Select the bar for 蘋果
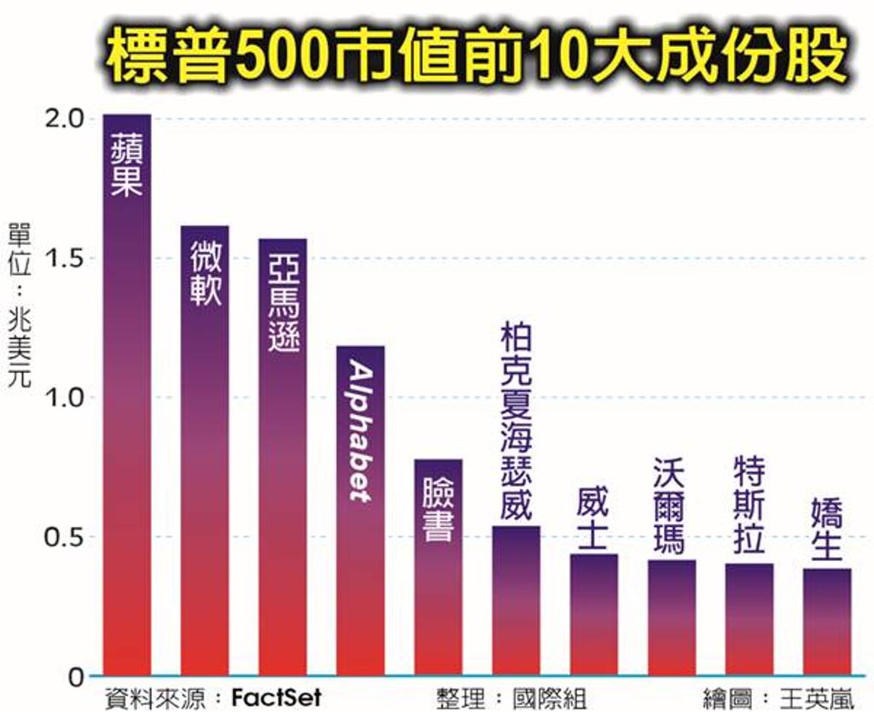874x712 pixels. pyautogui.click(x=126, y=393)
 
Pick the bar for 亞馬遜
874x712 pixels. pyautogui.click(x=282, y=457)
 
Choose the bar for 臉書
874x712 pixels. pyautogui.click(x=438, y=568)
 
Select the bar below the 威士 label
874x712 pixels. pyautogui.click(x=593, y=615)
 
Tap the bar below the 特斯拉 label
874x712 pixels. pyautogui.click(x=749, y=619)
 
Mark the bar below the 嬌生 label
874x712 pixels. pyautogui.click(x=826, y=622)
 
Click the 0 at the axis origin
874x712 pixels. pyautogui.click(x=75, y=677)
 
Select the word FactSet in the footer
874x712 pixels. pyautogui.click(x=277, y=697)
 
